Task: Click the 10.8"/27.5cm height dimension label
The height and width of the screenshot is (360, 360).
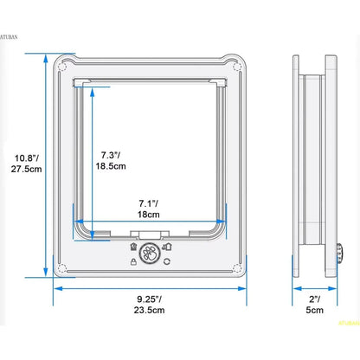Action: pos(27,164)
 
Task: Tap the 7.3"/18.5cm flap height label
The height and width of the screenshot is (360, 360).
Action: pos(111,161)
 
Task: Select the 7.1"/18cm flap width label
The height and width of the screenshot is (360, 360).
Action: pos(149,209)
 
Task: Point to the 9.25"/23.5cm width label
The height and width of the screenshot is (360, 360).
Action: pos(149,305)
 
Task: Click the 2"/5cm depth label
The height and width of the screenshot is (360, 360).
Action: pos(314,305)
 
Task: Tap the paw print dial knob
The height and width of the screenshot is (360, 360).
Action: pos(150,254)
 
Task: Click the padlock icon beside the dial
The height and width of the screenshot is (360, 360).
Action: pos(133,262)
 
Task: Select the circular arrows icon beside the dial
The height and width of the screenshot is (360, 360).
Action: pos(167,261)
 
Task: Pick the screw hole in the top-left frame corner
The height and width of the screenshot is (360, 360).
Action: pos(62,67)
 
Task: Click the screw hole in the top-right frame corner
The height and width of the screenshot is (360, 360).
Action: pos(237,67)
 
